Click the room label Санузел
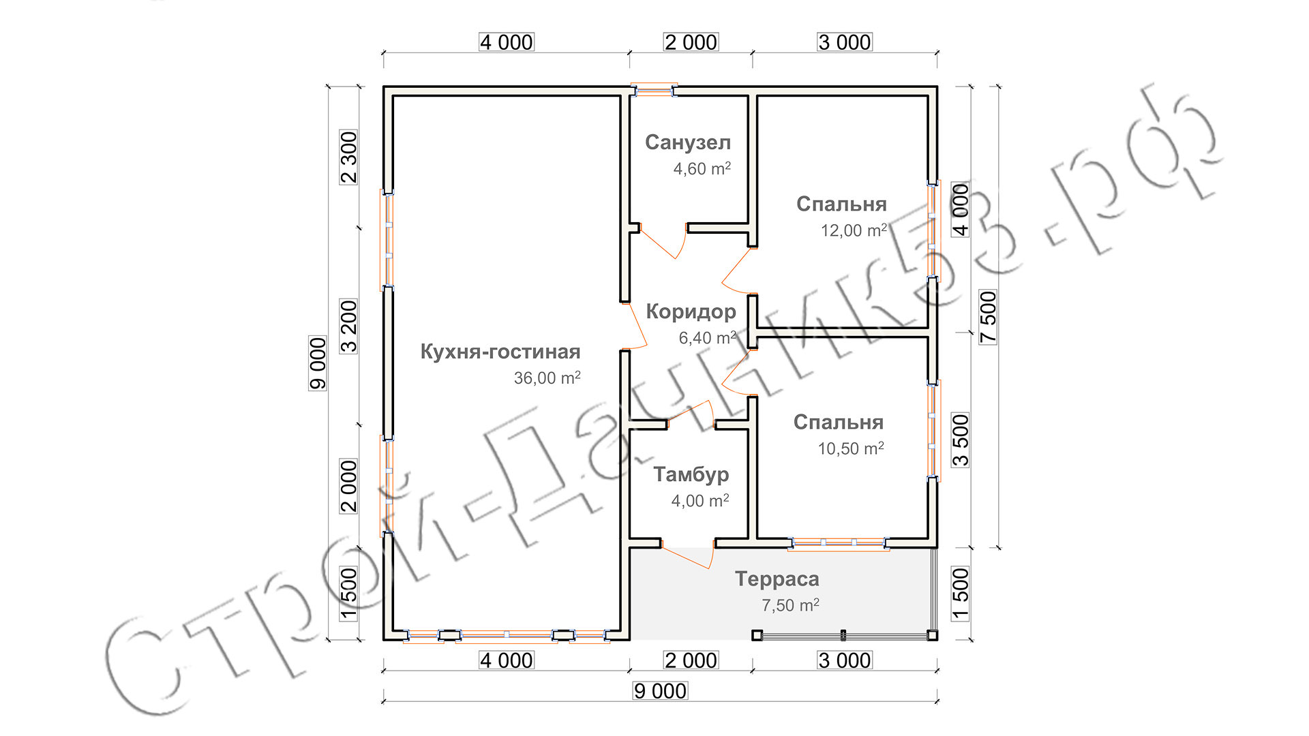click(687, 142)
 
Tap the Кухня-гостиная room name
click(500, 352)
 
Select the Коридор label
click(691, 311)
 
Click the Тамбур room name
click(691, 474)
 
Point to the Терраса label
click(777, 579)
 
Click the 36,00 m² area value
click(547, 378)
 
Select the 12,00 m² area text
click(853, 230)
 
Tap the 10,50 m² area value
click(850, 448)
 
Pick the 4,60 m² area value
click(702, 168)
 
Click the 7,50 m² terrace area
click(789, 605)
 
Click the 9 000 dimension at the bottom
click(660, 691)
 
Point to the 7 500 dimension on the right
click(988, 317)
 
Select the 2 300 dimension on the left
click(348, 157)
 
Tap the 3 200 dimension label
click(348, 326)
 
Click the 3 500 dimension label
click(960, 440)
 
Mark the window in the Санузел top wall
click(653, 90)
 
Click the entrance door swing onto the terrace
click(689, 555)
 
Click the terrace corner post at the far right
click(932, 635)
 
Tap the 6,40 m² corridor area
click(707, 337)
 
